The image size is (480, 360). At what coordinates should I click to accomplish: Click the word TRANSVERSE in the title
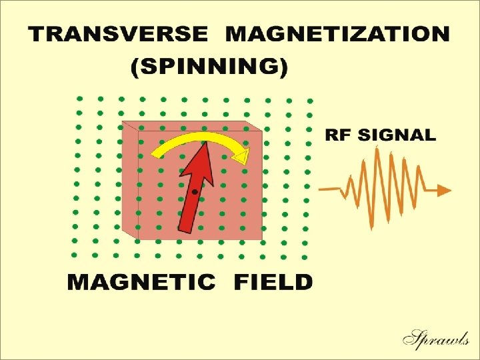pyautogui.click(x=117, y=35)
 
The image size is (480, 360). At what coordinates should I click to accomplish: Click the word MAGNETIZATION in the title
pyautogui.click(x=337, y=35)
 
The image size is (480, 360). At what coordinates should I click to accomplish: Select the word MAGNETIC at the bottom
pyautogui.click(x=141, y=282)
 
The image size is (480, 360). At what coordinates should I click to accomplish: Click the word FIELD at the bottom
pyautogui.click(x=273, y=282)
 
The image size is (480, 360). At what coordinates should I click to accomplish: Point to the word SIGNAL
pyautogui.click(x=397, y=135)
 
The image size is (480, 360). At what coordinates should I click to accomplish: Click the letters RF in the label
pyautogui.click(x=339, y=135)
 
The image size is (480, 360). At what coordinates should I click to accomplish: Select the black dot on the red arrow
pyautogui.click(x=194, y=192)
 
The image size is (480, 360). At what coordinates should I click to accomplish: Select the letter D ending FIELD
pyautogui.click(x=303, y=282)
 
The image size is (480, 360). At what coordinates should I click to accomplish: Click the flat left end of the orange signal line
pyautogui.click(x=321, y=189)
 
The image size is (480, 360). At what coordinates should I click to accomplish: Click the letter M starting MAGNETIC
pyautogui.click(x=79, y=282)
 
